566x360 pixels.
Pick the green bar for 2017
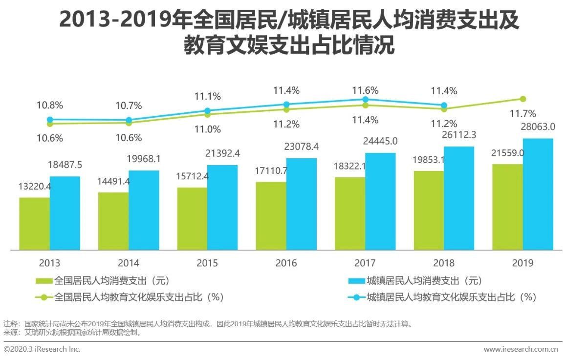[x=349, y=213]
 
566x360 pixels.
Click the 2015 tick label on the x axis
[x=207, y=263]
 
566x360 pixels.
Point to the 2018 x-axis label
[x=444, y=263]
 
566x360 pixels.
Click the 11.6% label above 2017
[x=365, y=90]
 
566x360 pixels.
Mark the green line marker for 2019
[x=522, y=99]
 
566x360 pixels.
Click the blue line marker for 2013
[x=50, y=119]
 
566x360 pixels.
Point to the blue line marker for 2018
[x=444, y=105]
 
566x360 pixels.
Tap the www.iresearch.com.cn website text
[x=521, y=349]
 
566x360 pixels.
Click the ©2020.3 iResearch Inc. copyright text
[x=42, y=349]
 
